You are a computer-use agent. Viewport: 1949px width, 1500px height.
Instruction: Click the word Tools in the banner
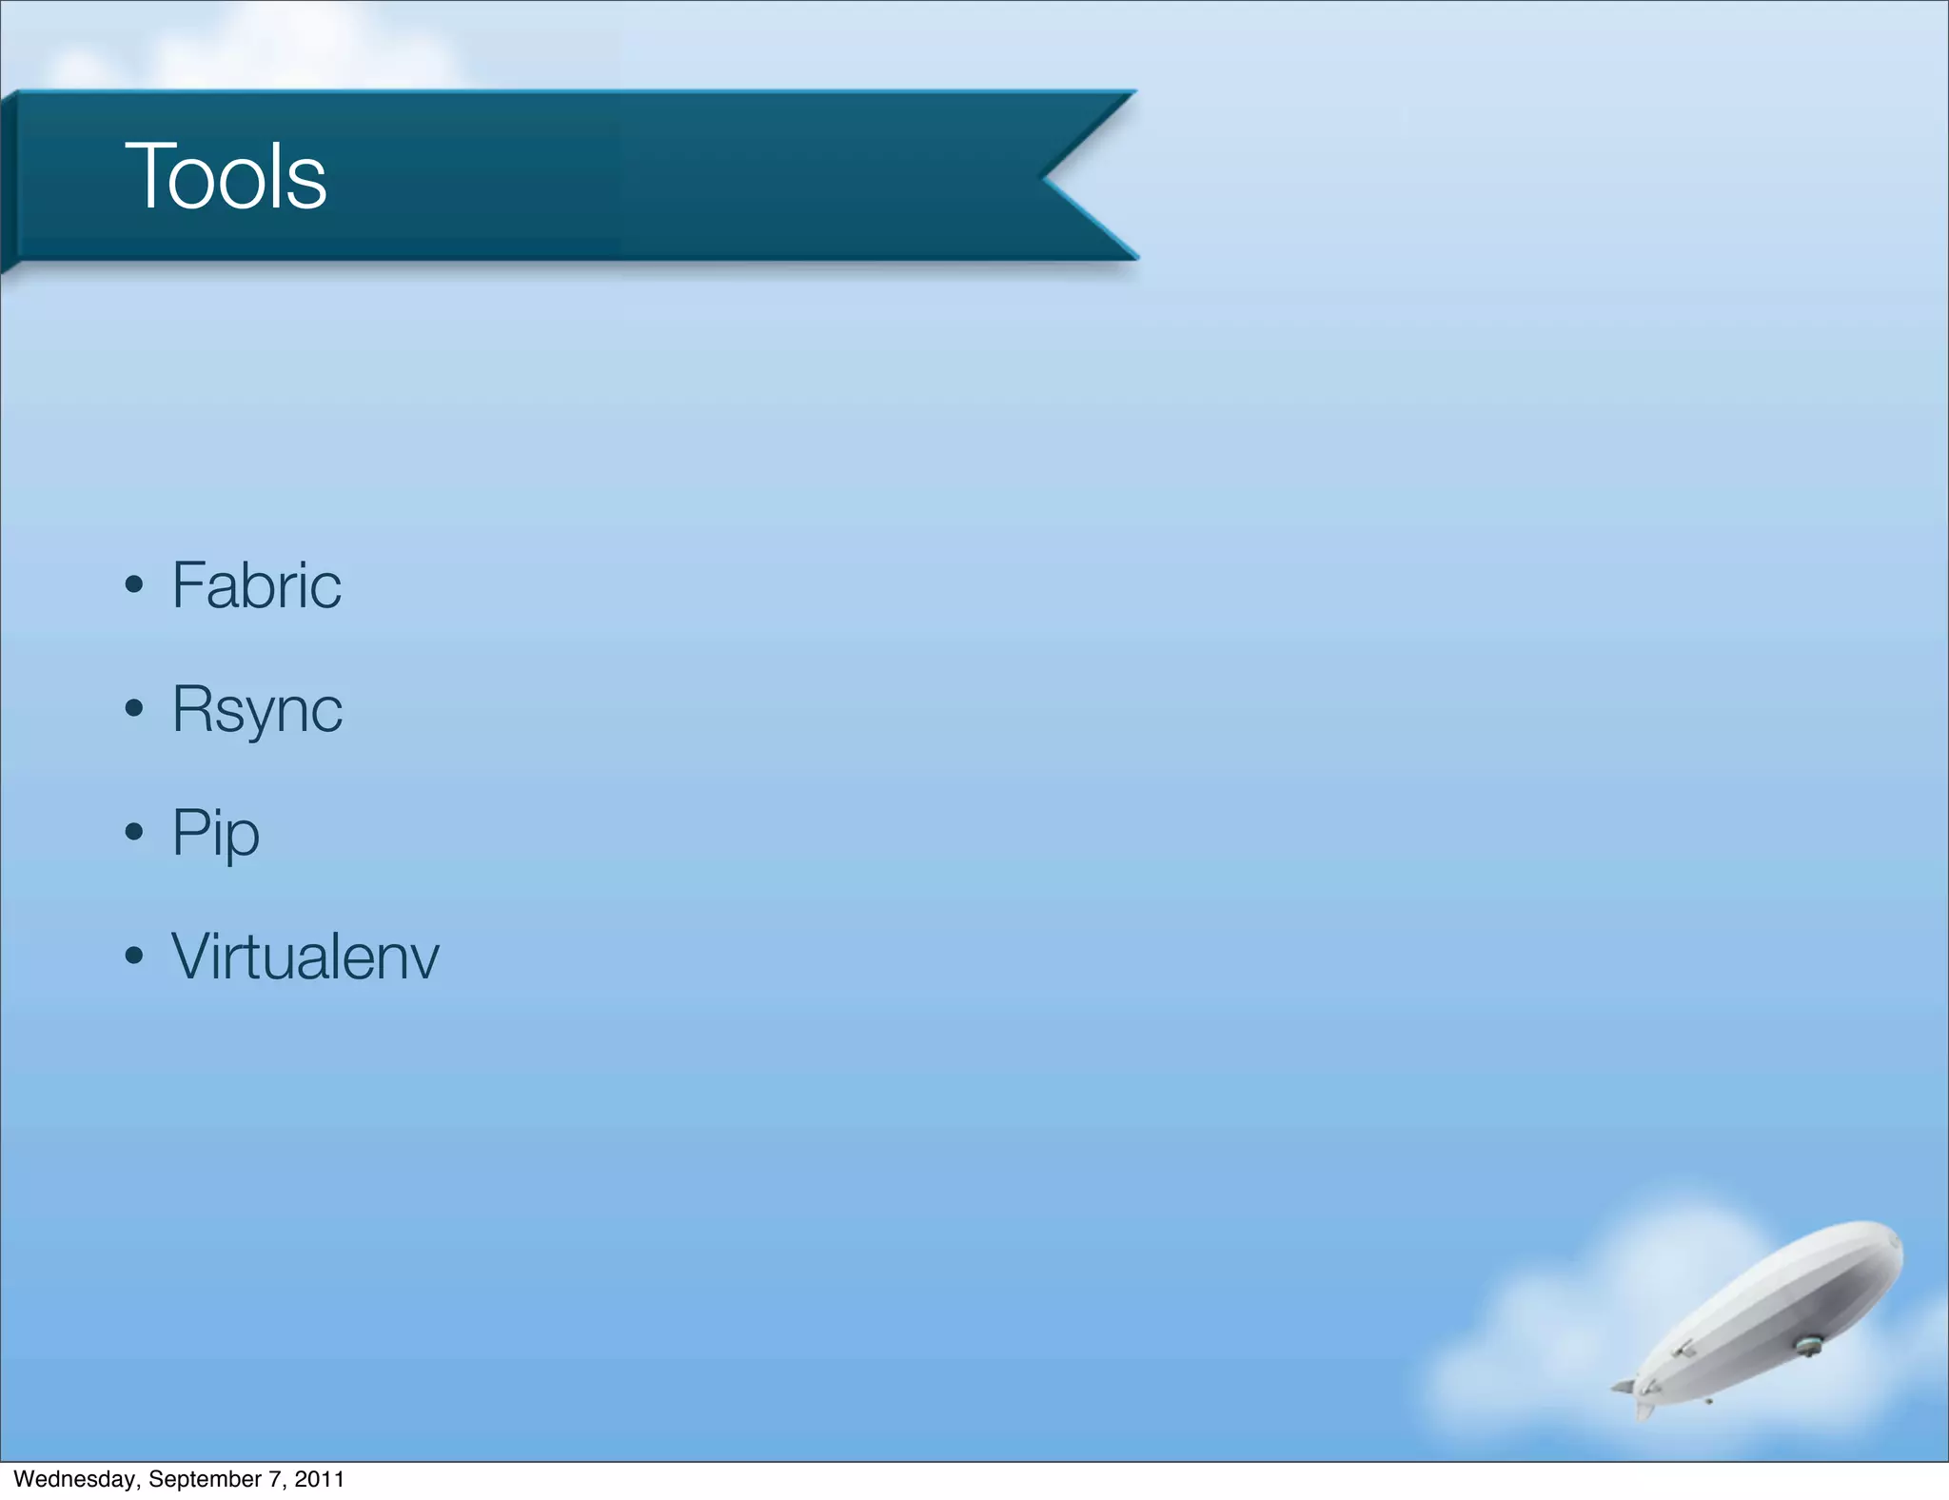(226, 176)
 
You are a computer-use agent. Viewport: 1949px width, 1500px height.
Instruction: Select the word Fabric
(256, 584)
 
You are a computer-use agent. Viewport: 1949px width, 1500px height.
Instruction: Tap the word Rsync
(257, 709)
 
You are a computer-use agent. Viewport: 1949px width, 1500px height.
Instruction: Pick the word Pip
(215, 833)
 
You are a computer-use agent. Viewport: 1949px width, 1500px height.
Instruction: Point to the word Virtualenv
(305, 957)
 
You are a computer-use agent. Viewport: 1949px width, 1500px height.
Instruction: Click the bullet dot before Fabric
(134, 584)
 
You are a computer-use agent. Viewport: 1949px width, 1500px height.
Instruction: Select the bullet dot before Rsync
(134, 708)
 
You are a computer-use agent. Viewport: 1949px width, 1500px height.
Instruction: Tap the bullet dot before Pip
(134, 832)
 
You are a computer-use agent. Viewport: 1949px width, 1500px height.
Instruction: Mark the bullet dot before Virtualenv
(134, 956)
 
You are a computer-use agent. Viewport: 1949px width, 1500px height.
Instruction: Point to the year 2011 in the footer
(319, 1479)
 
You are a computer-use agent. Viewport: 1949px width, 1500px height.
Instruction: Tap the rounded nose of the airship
(1894, 1247)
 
